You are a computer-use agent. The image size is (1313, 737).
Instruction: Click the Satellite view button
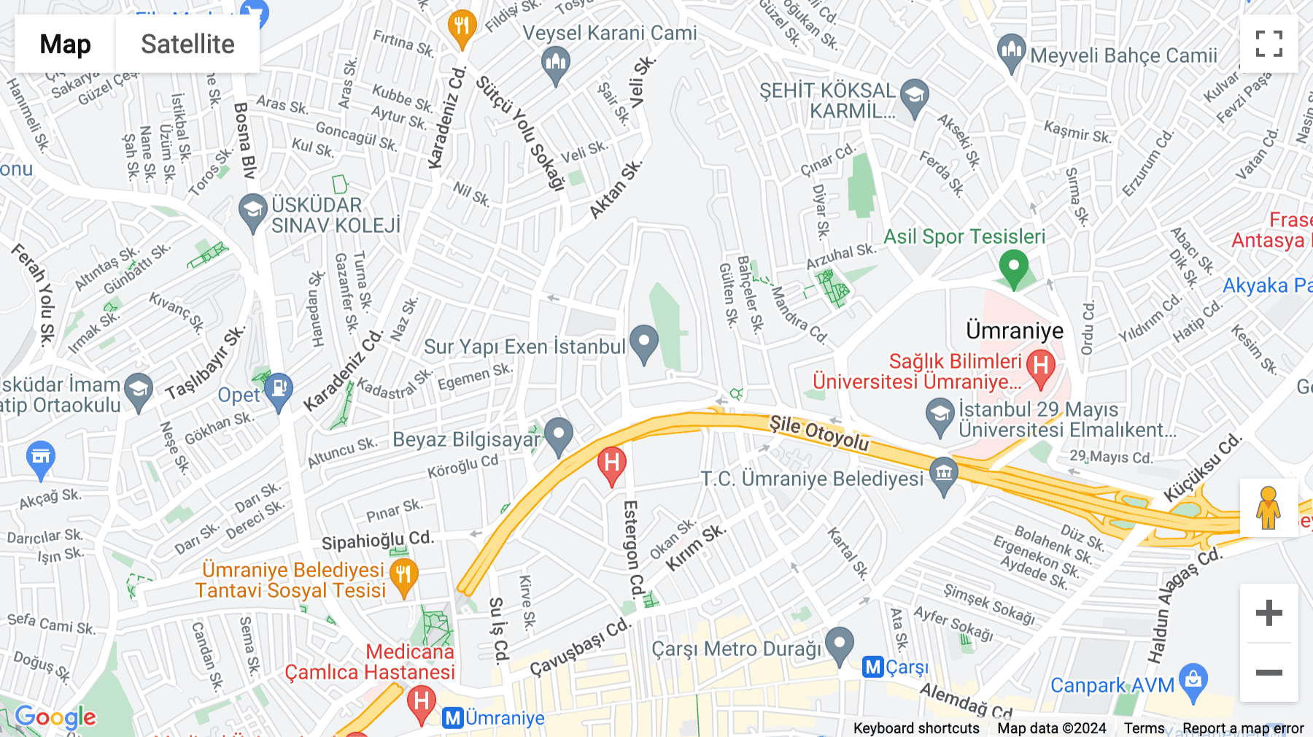187,45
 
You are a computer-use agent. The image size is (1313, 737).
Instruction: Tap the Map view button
65,45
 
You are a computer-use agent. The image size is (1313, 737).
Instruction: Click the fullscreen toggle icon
1269,44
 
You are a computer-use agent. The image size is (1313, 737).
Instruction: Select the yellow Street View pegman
1269,508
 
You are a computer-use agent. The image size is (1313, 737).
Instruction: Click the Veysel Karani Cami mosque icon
556,63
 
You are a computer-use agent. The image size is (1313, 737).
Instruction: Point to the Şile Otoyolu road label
819,433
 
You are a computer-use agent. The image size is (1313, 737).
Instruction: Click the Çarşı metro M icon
873,667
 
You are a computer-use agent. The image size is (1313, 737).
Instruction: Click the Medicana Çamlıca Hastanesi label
370,662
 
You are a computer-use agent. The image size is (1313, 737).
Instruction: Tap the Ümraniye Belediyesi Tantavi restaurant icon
403,576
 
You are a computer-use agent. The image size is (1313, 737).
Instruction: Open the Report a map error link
1243,728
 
